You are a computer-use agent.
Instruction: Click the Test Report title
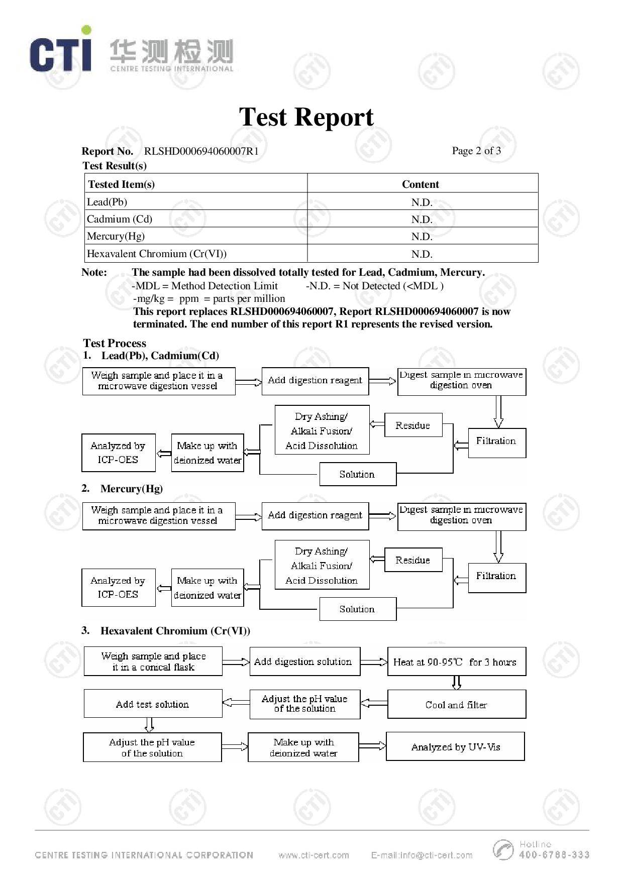coord(306,117)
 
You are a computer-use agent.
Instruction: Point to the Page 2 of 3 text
coord(476,151)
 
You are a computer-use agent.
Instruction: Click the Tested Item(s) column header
coord(121,184)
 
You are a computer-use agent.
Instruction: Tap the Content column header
coord(420,184)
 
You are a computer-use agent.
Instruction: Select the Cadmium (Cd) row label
coord(120,219)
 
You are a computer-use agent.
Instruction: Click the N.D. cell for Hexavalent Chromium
coord(422,254)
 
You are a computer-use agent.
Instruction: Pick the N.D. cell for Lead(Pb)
coord(422,202)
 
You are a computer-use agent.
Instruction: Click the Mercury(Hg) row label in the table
coord(116,236)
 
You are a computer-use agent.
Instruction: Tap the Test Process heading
coord(115,343)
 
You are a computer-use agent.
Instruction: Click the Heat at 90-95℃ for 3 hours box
coord(456,662)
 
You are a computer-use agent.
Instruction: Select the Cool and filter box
coord(456,704)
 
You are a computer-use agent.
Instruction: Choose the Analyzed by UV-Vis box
coord(455,746)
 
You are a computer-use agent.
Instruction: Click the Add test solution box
coord(153,704)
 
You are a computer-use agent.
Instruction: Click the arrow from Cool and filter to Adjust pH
coord(374,703)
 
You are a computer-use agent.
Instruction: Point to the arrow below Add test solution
coord(149,725)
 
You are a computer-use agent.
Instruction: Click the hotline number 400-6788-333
coord(554,855)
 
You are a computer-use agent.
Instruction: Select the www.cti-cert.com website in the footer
coord(314,855)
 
